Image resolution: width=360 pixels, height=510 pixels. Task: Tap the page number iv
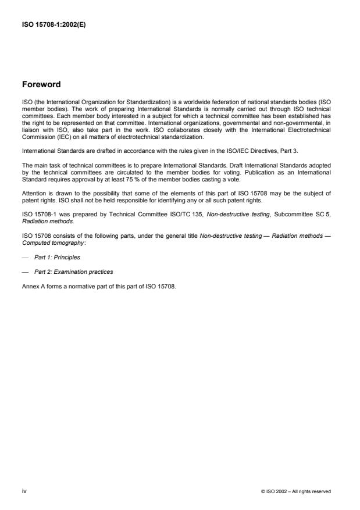click(24, 491)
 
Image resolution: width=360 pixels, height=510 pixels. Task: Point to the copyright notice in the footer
click(296, 491)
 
